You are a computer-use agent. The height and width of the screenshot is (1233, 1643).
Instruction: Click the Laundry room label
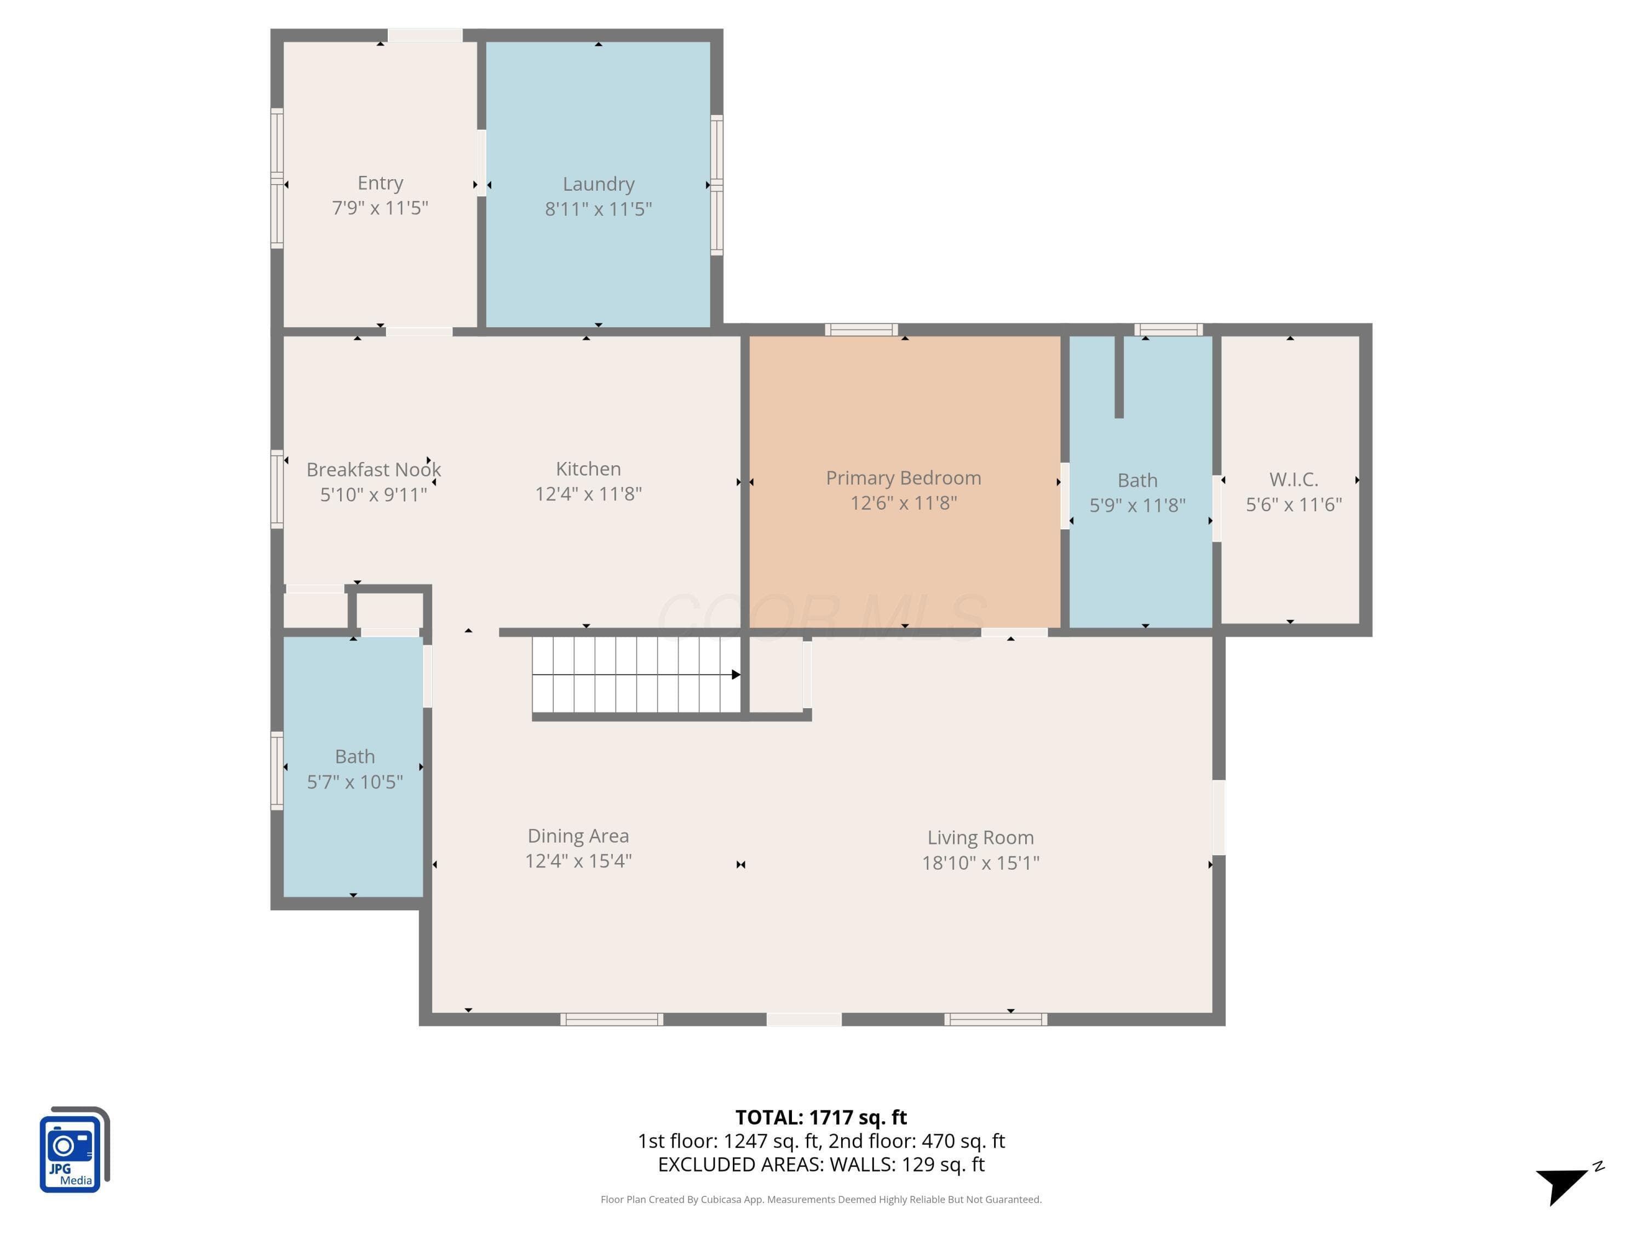tap(599, 184)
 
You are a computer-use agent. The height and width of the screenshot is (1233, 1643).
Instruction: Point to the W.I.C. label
tap(1294, 480)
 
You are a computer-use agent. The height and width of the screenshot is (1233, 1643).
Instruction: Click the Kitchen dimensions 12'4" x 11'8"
tap(588, 494)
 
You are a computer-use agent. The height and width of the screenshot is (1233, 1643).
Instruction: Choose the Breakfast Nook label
tap(374, 470)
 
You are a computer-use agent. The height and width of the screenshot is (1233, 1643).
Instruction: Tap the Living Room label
tap(980, 837)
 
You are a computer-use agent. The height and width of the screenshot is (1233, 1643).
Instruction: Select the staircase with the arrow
tap(636, 675)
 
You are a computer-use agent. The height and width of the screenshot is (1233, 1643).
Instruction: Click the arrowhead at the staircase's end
tap(736, 675)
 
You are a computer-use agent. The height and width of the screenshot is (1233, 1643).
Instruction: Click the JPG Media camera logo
tap(74, 1150)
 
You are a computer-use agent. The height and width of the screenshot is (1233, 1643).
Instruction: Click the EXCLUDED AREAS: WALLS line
tap(821, 1164)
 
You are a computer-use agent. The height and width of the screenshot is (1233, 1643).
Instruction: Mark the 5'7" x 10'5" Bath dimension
tap(355, 782)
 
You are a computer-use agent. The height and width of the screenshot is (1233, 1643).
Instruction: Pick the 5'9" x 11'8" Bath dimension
tap(1137, 505)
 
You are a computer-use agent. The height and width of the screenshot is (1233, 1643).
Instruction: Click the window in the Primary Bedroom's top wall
tap(861, 330)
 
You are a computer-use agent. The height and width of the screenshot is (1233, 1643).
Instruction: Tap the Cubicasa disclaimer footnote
tap(821, 1199)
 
